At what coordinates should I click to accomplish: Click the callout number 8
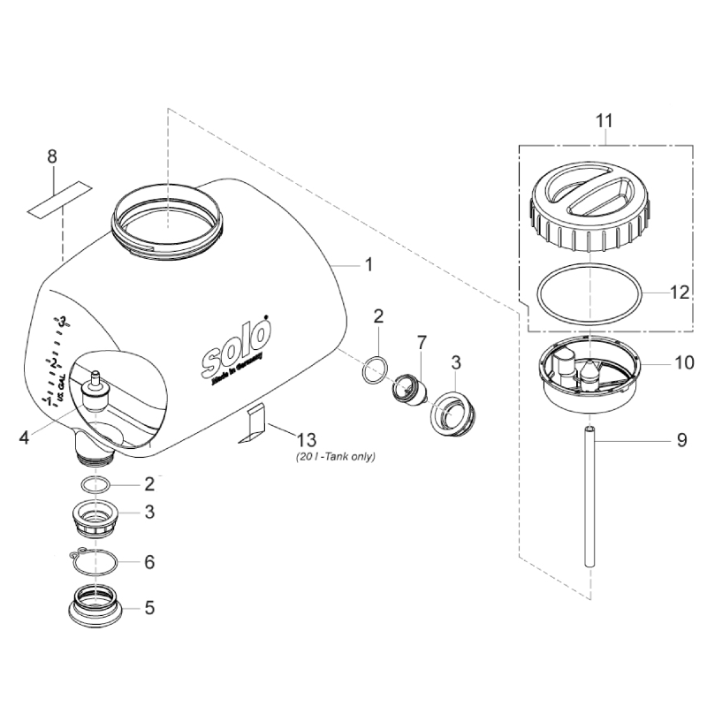click(52, 156)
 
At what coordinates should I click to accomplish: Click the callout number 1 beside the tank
click(369, 263)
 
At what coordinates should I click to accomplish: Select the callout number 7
click(422, 341)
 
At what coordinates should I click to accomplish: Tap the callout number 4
click(24, 436)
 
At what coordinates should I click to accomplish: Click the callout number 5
click(148, 608)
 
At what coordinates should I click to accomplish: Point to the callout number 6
click(148, 561)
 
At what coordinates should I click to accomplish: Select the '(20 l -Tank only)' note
click(336, 458)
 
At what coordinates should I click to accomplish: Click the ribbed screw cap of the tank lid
click(589, 212)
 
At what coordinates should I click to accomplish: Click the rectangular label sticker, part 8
click(60, 199)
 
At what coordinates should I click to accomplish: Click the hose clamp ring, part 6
click(97, 560)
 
